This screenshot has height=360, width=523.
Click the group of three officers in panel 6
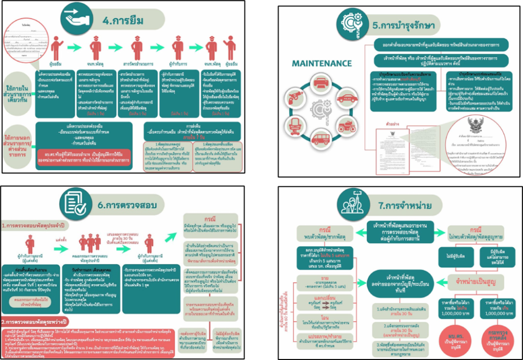point(90,242)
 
